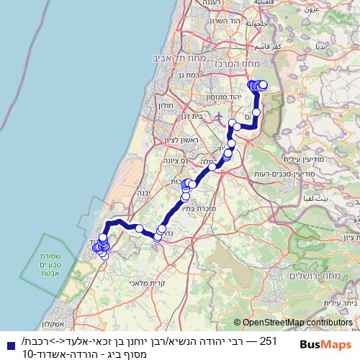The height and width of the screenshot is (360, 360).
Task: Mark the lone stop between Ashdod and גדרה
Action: click(x=139, y=229)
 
